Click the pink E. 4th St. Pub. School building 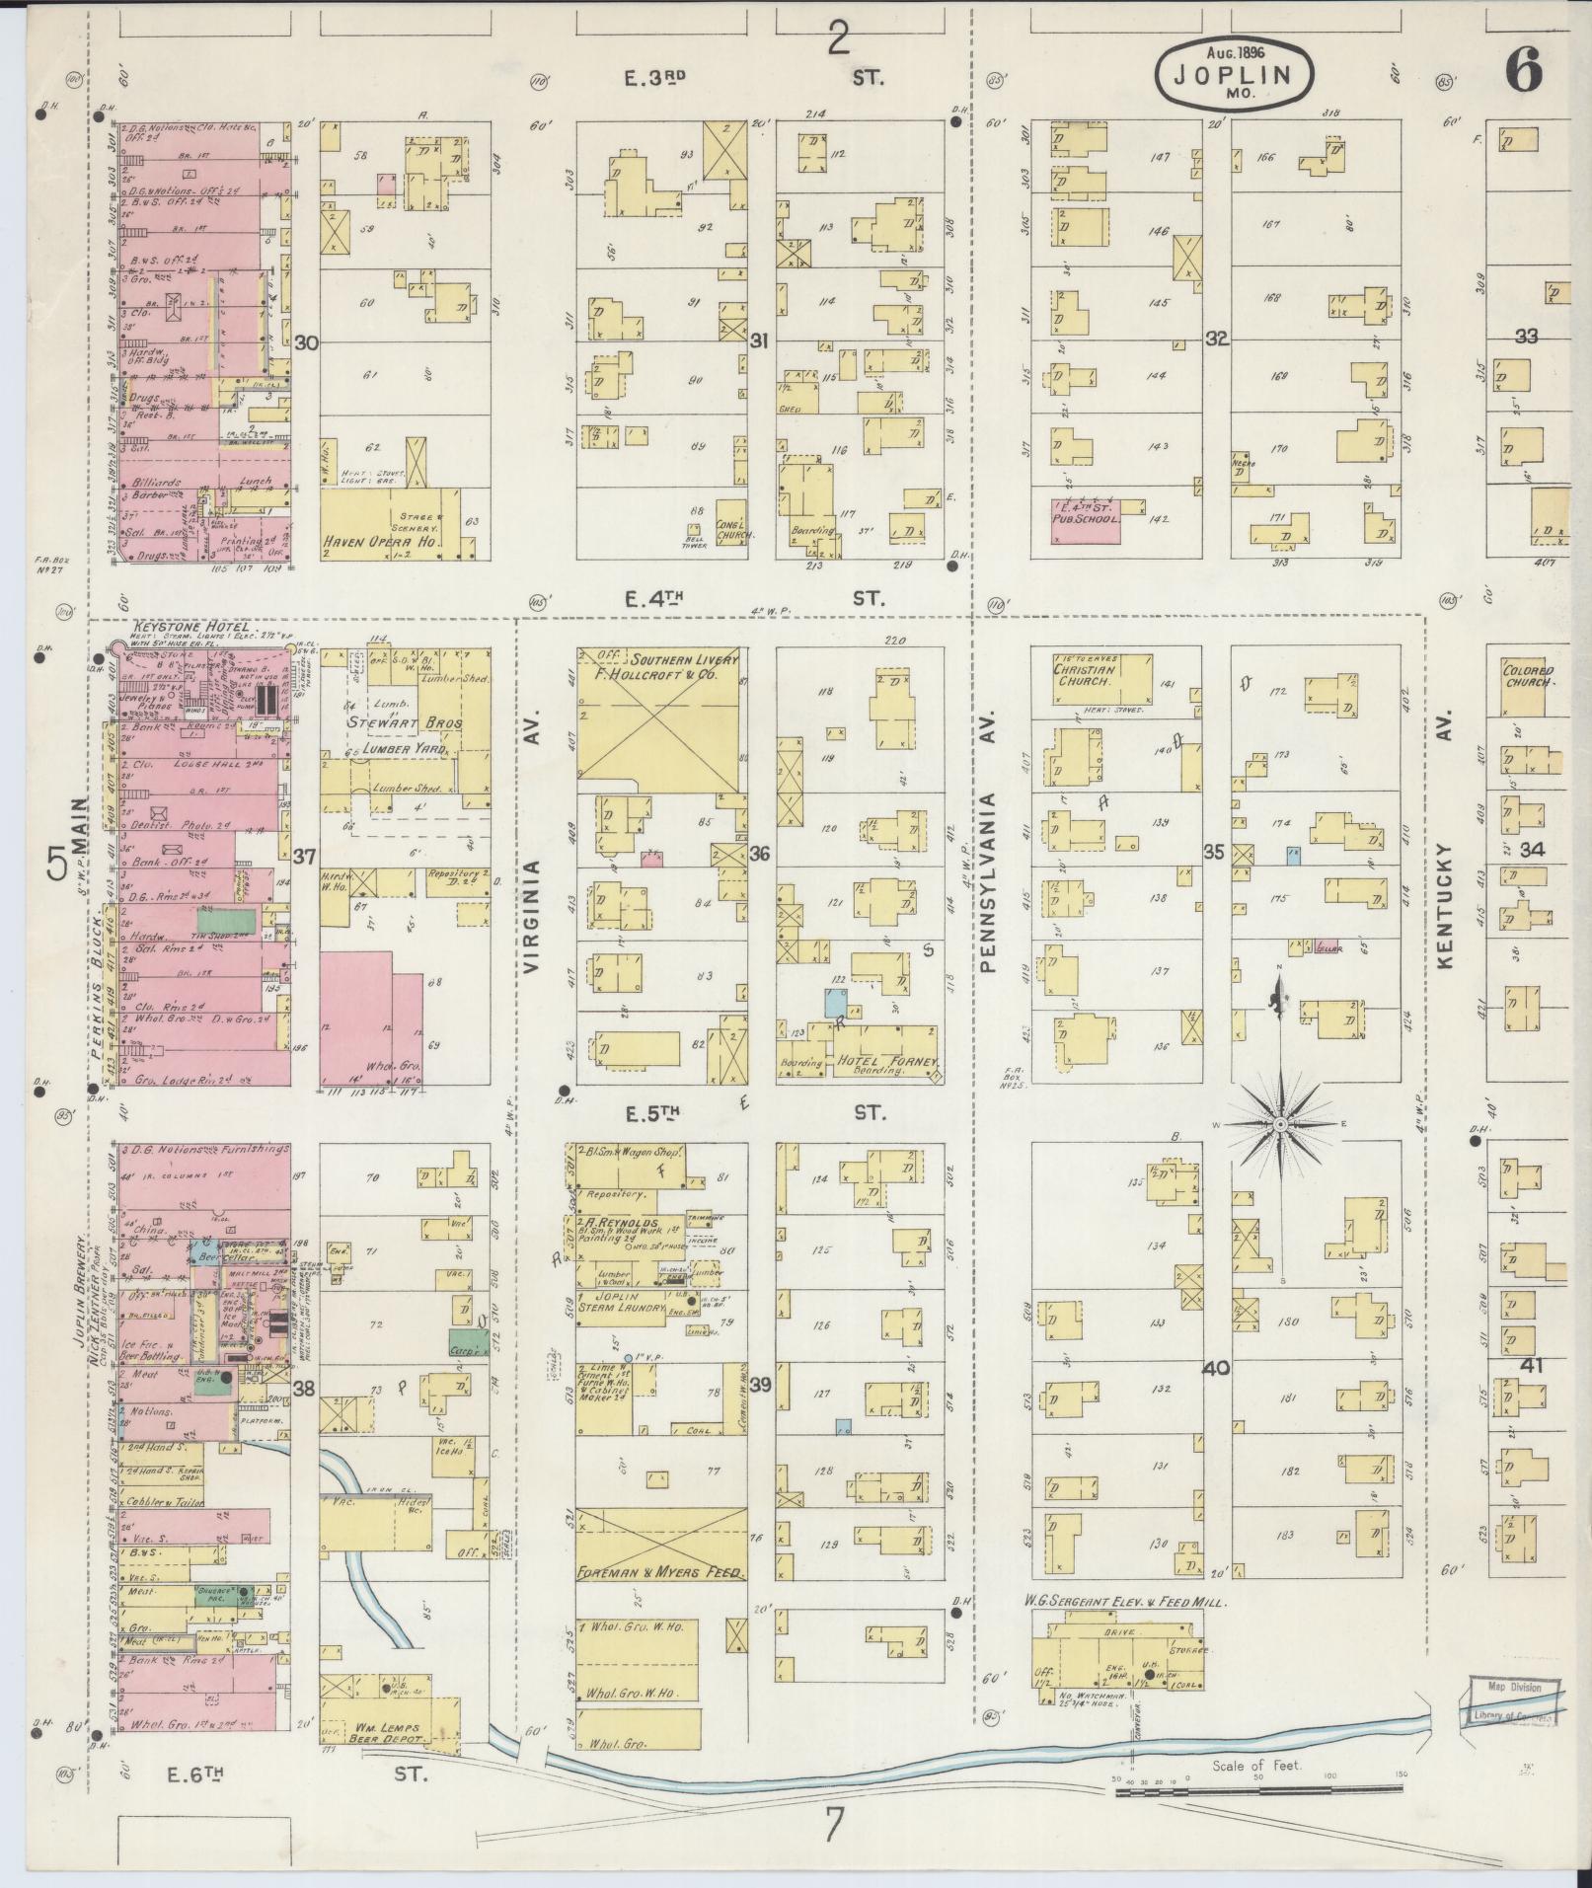coord(1085,520)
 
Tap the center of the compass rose coord(1279,1124)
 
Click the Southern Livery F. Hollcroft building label coord(658,669)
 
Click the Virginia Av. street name coord(533,917)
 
